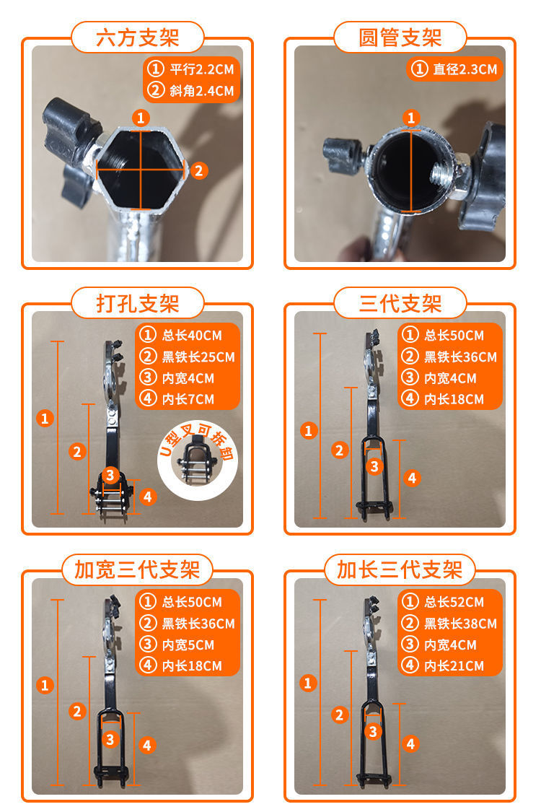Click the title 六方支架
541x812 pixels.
tap(137, 37)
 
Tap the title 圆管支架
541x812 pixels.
tap(400, 37)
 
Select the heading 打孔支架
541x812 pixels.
tap(137, 303)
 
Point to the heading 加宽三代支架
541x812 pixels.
tap(137, 570)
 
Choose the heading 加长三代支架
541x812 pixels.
tap(400, 570)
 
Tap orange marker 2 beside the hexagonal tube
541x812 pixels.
tap(200, 170)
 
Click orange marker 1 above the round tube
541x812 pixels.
tap(411, 118)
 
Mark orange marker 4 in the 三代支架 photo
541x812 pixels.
tap(412, 477)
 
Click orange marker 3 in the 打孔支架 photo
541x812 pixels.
tap(109, 475)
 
